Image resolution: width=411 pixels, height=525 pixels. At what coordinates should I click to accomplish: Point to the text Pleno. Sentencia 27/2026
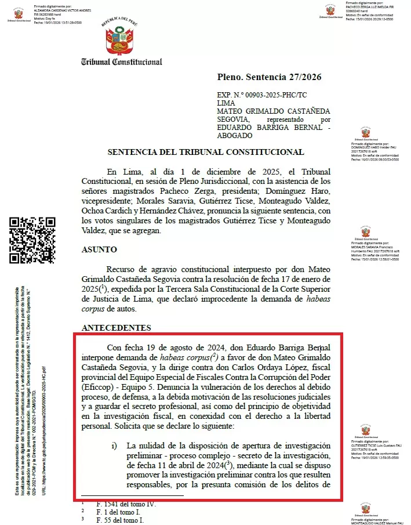click(269, 77)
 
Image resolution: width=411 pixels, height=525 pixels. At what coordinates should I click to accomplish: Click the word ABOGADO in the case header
click(235, 135)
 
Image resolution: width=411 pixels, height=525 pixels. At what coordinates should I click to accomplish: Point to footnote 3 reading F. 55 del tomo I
click(121, 520)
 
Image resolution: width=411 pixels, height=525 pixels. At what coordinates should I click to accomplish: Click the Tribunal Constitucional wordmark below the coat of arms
click(121, 61)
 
